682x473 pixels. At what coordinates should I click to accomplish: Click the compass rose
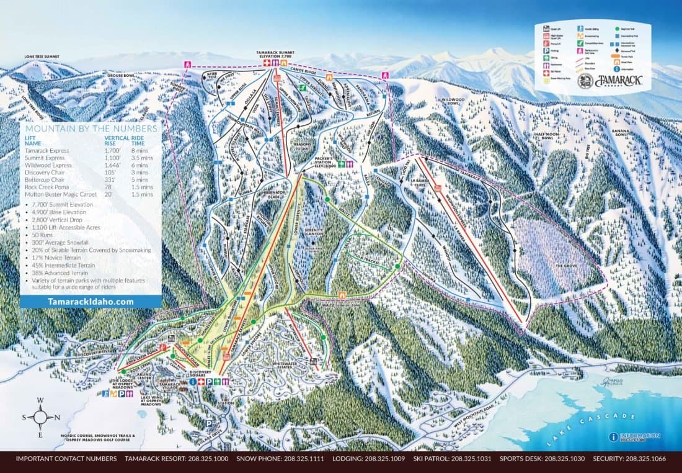pyautogui.click(x=40, y=417)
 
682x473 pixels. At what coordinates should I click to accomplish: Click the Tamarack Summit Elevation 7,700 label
pyautogui.click(x=276, y=54)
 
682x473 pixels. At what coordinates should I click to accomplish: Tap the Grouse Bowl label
pyautogui.click(x=121, y=76)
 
